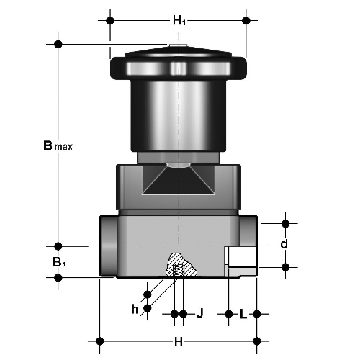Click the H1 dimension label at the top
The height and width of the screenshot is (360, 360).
click(179, 21)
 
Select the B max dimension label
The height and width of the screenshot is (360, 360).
click(58, 145)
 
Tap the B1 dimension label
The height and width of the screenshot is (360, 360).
click(59, 262)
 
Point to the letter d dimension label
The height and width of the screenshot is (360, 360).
click(284, 244)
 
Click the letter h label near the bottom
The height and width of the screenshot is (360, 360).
click(135, 309)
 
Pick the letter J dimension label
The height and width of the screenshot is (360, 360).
click(199, 313)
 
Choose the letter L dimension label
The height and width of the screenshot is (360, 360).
click(243, 314)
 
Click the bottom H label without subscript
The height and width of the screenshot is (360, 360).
click(179, 342)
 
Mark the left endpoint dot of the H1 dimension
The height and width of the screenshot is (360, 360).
click(110, 21)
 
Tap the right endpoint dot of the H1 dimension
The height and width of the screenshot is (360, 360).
click(246, 21)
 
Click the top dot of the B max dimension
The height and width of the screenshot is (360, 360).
click(58, 44)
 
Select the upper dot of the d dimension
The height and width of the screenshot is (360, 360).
click(285, 224)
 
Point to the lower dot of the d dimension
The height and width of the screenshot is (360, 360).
click(285, 267)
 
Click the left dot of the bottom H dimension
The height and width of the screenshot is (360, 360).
click(99, 341)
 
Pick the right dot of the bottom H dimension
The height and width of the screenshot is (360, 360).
click(257, 341)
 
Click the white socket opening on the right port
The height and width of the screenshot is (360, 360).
click(242, 256)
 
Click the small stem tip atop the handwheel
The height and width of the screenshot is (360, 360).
click(178, 45)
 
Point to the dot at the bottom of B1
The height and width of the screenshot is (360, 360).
click(58, 278)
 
